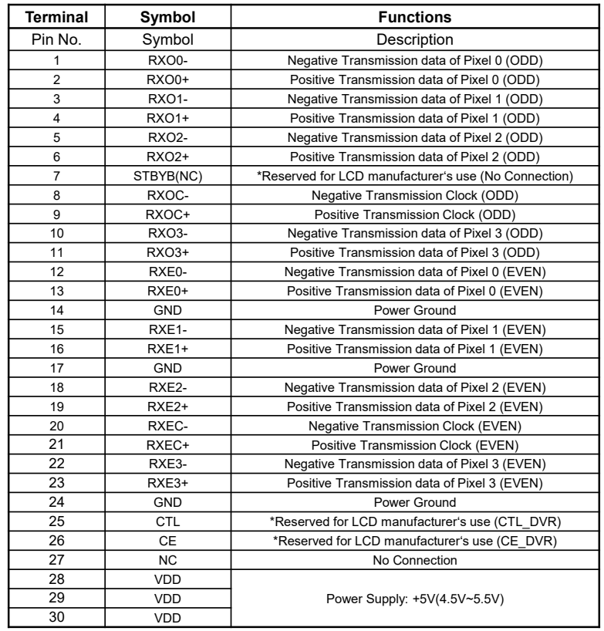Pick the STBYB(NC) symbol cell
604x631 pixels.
coord(168,177)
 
